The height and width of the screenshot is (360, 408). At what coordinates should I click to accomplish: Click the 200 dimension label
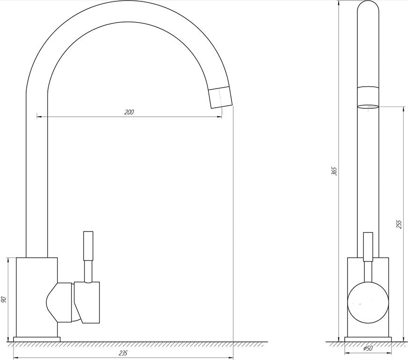[x=129, y=112]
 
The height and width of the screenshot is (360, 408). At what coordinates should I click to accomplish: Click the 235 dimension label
[x=123, y=353]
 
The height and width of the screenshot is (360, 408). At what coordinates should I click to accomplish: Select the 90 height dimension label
[x=4, y=300]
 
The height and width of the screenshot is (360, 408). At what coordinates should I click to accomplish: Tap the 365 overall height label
[x=334, y=171]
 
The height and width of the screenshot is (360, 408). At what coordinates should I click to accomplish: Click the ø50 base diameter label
[x=368, y=348]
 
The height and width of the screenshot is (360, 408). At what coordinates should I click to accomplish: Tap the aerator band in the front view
[x=368, y=97]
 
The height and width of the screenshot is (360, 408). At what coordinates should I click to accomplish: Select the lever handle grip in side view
[x=88, y=246]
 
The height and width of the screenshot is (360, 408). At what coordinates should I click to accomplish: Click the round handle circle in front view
[x=368, y=302]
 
